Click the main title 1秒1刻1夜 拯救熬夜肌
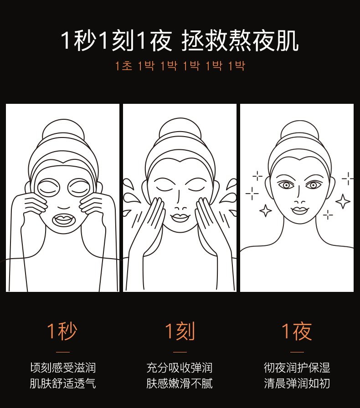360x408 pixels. (180, 41)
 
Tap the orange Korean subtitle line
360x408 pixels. (180, 66)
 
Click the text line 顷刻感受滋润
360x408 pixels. (63, 367)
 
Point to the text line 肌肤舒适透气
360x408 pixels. (63, 383)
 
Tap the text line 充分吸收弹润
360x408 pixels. (180, 367)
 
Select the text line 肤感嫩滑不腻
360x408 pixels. (180, 383)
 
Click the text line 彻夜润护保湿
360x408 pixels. (297, 367)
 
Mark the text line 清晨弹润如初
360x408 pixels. (297, 383)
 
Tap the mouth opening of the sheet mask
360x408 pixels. (64, 220)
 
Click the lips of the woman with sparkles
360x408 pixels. (299, 210)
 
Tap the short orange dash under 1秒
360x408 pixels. (63, 352)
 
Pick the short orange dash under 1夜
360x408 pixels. (297, 352)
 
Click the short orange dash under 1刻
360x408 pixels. (180, 352)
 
